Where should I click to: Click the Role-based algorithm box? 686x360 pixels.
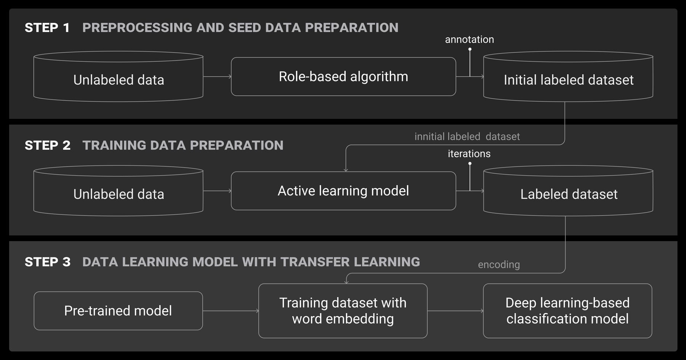[343, 77]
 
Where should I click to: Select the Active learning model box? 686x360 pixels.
[343, 191]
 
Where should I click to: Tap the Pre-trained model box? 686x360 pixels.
[118, 311]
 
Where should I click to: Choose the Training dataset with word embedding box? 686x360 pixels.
[343, 311]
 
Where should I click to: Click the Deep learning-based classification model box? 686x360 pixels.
[567, 311]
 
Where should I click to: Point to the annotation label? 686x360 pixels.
[469, 40]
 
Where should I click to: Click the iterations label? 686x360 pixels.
[469, 154]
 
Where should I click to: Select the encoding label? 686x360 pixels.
[498, 264]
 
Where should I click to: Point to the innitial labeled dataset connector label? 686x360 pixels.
[467, 137]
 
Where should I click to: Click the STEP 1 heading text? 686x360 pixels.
[47, 28]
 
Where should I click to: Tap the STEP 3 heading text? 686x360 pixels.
[48, 262]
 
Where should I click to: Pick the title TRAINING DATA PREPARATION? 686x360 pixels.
[183, 146]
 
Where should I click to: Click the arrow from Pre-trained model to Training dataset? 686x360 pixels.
[230, 311]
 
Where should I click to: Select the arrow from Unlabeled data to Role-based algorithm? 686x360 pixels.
[217, 77]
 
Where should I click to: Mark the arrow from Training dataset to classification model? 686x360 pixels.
[455, 311]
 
